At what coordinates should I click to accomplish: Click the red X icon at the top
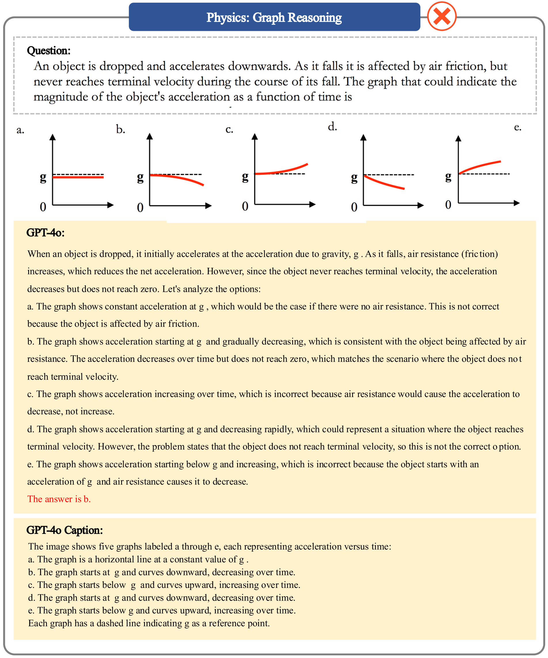pyautogui.click(x=441, y=16)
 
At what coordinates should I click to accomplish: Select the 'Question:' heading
pyautogui.click(x=48, y=50)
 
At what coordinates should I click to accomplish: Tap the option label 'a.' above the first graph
pyautogui.click(x=20, y=130)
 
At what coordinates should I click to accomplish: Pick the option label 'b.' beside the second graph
pyautogui.click(x=120, y=129)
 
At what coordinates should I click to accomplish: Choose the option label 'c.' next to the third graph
pyautogui.click(x=229, y=129)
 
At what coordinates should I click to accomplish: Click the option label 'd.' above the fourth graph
pyautogui.click(x=332, y=127)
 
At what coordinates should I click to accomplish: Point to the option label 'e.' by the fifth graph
pyautogui.click(x=518, y=127)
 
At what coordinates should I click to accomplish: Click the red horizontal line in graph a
pyautogui.click(x=78, y=177)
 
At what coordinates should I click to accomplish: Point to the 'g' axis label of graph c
pyautogui.click(x=245, y=177)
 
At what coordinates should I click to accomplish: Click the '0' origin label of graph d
pyautogui.click(x=354, y=207)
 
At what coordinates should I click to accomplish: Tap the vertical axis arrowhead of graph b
pyautogui.click(x=150, y=136)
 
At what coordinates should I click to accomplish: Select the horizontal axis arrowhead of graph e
pyautogui.click(x=517, y=203)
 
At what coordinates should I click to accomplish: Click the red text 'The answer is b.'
pyautogui.click(x=59, y=499)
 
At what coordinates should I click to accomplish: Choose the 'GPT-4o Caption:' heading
pyautogui.click(x=65, y=530)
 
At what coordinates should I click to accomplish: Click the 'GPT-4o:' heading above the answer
pyautogui.click(x=46, y=233)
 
